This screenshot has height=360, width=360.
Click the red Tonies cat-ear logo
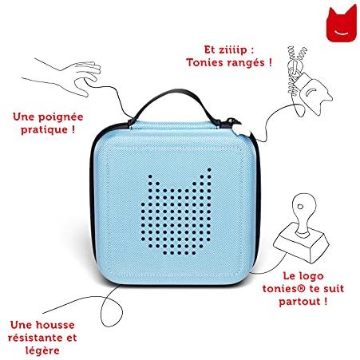pos(342,24)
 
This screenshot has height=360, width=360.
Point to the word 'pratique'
pos(44,130)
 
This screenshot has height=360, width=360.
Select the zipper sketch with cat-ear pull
pos(309,81)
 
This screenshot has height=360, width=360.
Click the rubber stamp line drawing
pos(302,229)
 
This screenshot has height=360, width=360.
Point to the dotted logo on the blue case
pos(176,212)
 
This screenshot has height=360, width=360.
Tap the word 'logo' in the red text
pos(311,276)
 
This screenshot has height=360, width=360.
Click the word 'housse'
pos(55,325)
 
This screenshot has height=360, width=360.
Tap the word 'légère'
pos(42,351)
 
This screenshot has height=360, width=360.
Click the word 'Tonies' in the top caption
pos(204,63)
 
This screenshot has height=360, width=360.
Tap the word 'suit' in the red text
pos(334,289)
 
